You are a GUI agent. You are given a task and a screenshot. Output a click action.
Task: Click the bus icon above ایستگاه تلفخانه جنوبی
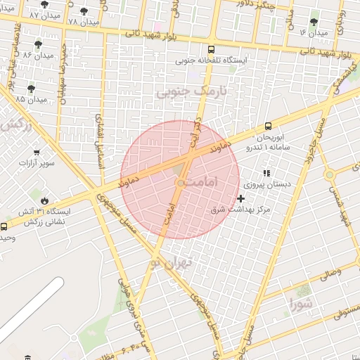[212, 49]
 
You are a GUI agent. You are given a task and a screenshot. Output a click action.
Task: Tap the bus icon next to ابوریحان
[268, 127]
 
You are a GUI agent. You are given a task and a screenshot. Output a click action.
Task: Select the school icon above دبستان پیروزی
[266, 172]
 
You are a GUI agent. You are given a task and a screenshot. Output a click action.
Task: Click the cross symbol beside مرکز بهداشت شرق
[241, 199]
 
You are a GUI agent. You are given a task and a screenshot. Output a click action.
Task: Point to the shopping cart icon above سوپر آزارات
[36, 152]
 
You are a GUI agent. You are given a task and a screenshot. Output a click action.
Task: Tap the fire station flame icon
[45, 200]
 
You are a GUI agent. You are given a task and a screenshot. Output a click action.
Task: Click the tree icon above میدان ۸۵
[31, 89]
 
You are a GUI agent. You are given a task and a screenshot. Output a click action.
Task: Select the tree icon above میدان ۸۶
[38, 44]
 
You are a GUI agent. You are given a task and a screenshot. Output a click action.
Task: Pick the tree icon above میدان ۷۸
[84, 11]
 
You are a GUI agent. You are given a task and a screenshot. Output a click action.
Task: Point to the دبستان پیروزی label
[266, 184]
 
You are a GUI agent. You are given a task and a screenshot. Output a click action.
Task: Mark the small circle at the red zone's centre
[180, 183]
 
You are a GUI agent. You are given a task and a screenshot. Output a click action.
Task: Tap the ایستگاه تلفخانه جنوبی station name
[212, 60]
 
